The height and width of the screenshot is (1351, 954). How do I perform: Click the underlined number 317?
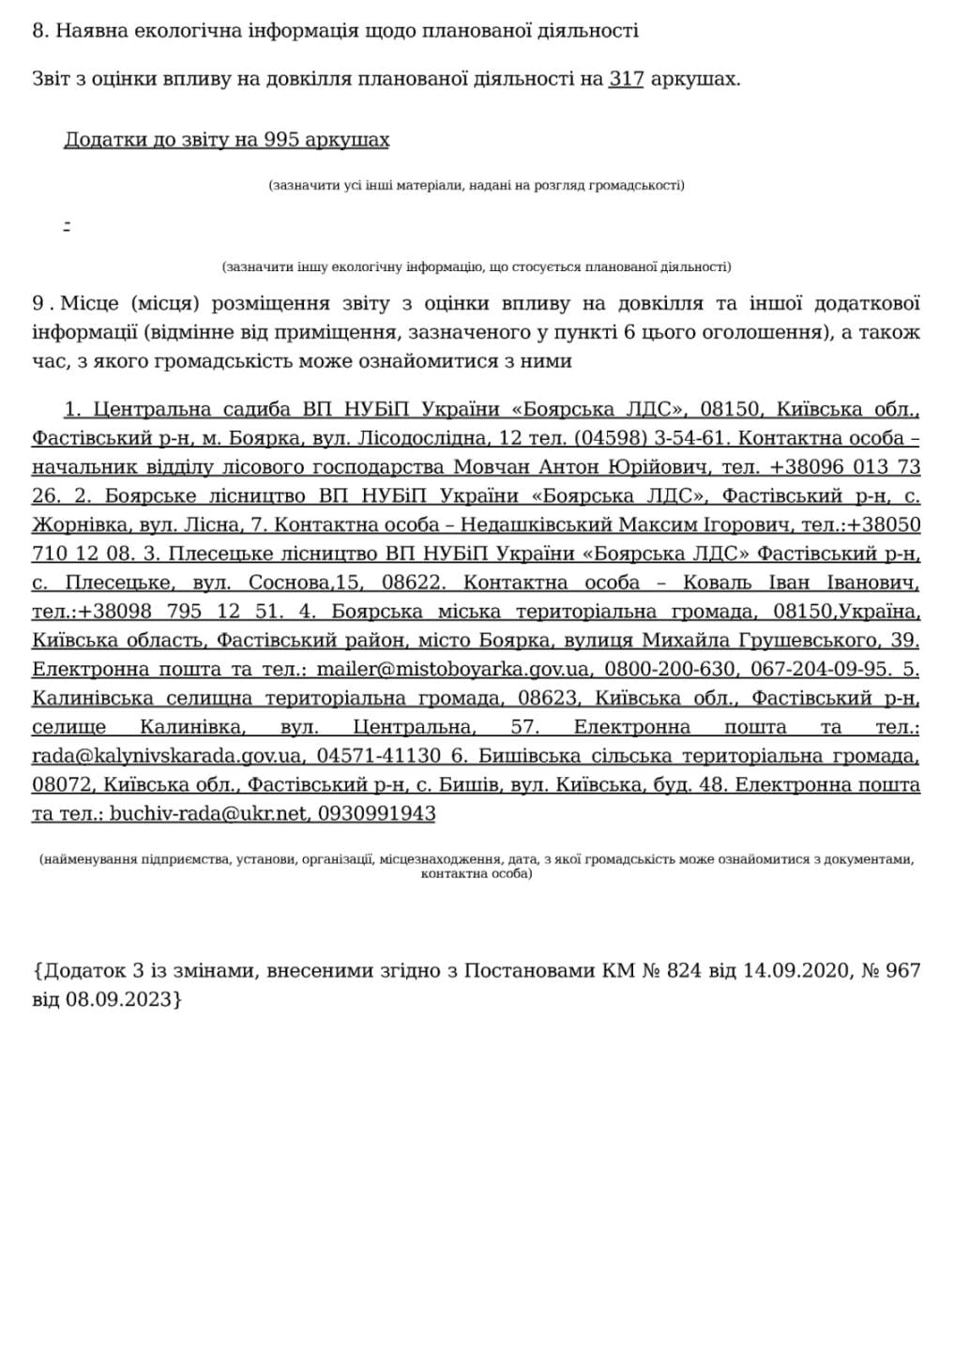[x=626, y=80]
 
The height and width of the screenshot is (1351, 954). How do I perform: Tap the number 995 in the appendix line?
[x=281, y=141]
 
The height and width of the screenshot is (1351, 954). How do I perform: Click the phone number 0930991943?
[x=376, y=814]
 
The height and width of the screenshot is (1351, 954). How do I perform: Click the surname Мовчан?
[x=487, y=467]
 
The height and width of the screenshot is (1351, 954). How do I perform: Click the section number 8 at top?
[x=38, y=31]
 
